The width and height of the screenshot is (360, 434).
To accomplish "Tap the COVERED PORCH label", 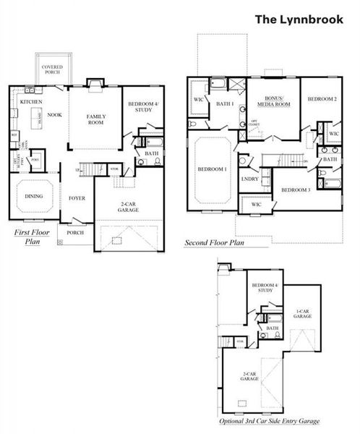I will (56, 69).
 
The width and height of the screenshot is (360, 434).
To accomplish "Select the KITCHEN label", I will (31, 103).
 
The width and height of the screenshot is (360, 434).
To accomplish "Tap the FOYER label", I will (77, 197).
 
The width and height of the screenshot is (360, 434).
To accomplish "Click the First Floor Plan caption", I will (31, 237).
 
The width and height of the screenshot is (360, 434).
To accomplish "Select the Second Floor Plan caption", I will (214, 242).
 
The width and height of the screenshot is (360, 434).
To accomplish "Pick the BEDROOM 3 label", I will (296, 190).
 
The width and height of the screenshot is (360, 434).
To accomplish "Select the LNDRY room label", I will (250, 179).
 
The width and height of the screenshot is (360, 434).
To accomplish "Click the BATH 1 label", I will (225, 105).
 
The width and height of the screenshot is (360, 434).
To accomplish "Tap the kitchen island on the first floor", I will (41, 129).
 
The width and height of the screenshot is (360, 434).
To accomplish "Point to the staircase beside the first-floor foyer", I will (87, 170).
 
